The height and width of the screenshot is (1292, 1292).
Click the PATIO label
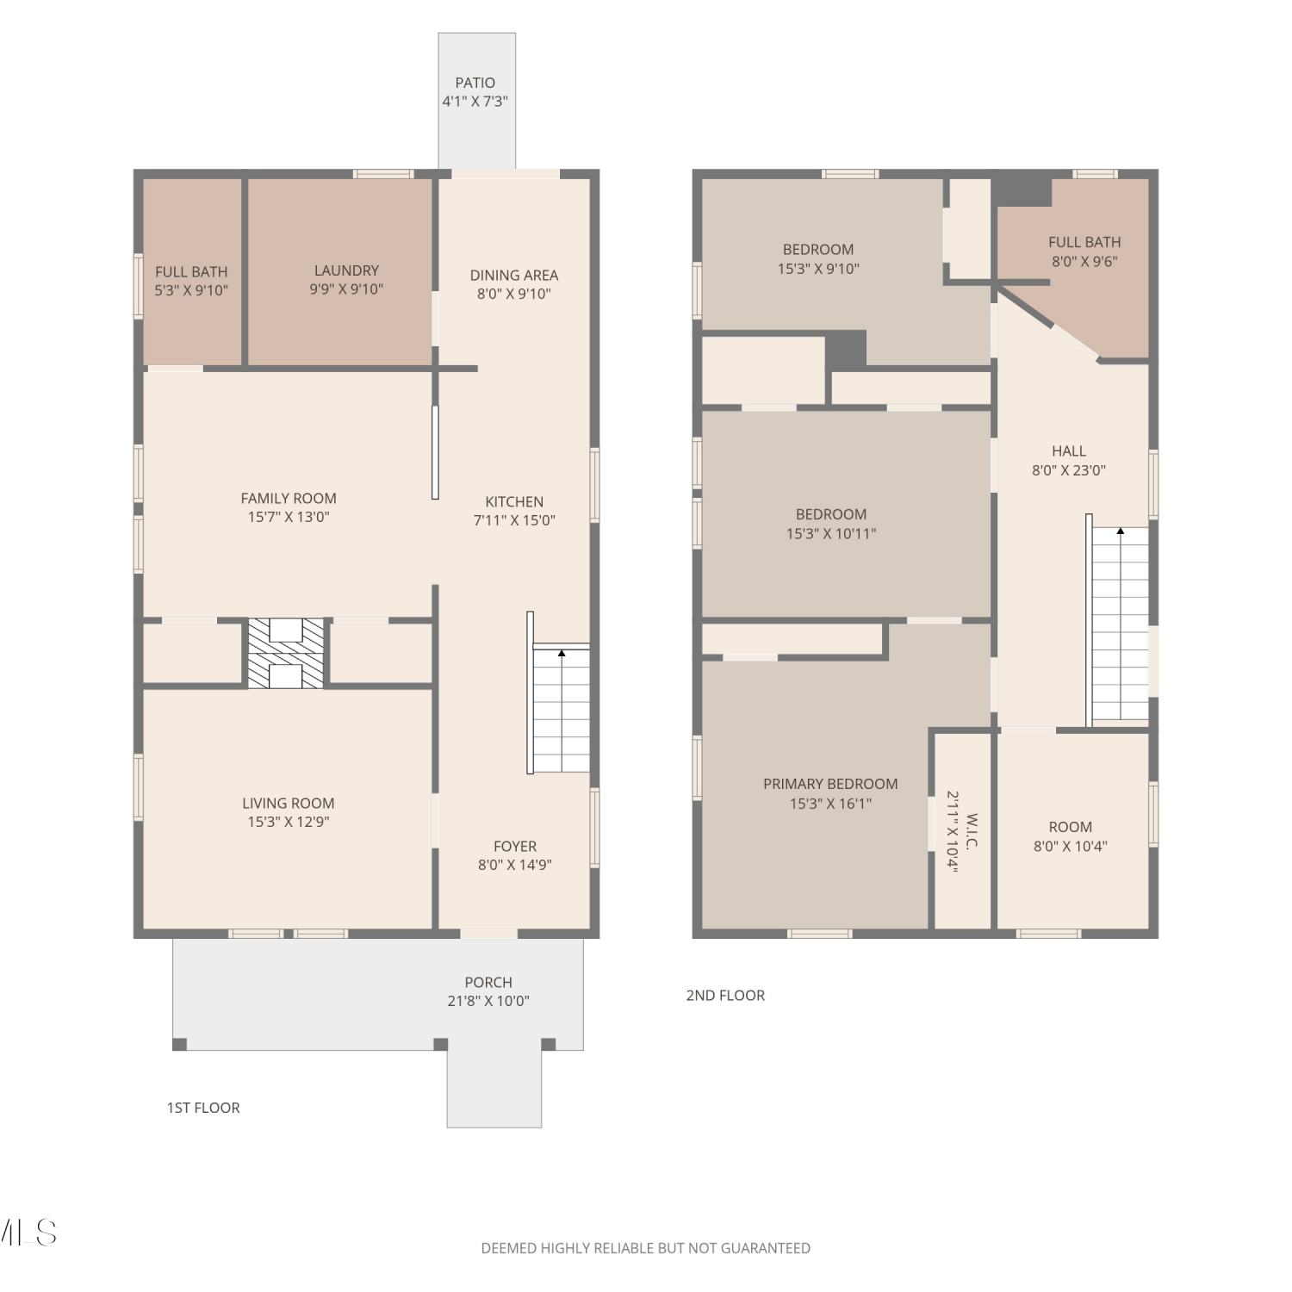[475, 83]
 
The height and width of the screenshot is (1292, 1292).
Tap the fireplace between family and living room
[286, 653]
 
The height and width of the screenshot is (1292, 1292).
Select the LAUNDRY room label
[346, 270]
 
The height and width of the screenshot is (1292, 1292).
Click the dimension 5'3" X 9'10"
[191, 290]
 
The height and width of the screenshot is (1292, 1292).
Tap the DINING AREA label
[514, 275]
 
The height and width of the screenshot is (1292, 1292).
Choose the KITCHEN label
[514, 501]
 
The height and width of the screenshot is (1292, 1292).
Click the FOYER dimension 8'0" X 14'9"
[515, 865]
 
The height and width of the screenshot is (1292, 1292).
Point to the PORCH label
[488, 982]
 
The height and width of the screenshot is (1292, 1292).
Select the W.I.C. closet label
[972, 830]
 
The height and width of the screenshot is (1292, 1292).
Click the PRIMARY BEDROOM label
[830, 784]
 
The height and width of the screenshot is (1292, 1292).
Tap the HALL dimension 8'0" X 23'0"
[1069, 470]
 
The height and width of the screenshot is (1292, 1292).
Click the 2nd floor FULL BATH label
[1084, 242]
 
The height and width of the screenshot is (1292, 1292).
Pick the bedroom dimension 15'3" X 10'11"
[831, 534]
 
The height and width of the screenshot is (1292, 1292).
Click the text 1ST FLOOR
[203, 1108]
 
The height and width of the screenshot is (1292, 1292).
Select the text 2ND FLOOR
[725, 995]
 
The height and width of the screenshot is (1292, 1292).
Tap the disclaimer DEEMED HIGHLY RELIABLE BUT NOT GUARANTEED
[646, 1248]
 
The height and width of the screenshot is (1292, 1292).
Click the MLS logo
[28, 1233]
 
